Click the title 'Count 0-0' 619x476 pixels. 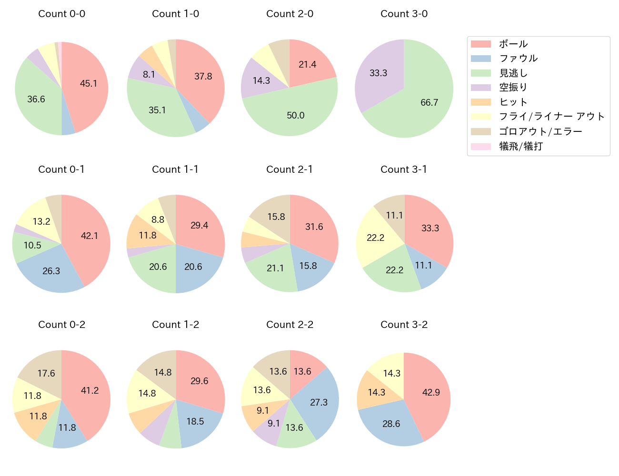coord(61,14)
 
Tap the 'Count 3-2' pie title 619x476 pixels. coord(404,325)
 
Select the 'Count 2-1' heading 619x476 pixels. coord(290,169)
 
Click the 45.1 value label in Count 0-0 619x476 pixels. coord(89,84)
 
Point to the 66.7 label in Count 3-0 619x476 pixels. coord(429,103)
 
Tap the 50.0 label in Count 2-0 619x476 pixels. coord(296,116)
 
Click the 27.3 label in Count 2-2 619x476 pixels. coord(319,403)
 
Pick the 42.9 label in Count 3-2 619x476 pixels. coord(431,393)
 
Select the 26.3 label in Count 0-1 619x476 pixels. coord(51,271)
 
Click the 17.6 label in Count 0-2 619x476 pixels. coord(46,374)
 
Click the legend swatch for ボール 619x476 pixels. coord(480,44)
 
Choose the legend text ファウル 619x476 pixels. coord(518,59)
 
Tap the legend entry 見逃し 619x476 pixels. coord(513,73)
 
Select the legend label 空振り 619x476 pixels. coord(513,88)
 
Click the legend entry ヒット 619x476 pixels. coord(513,102)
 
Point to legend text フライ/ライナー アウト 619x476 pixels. coord(552,117)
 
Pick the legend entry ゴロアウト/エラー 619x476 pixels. coord(540,131)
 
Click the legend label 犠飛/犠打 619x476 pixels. coord(521,146)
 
